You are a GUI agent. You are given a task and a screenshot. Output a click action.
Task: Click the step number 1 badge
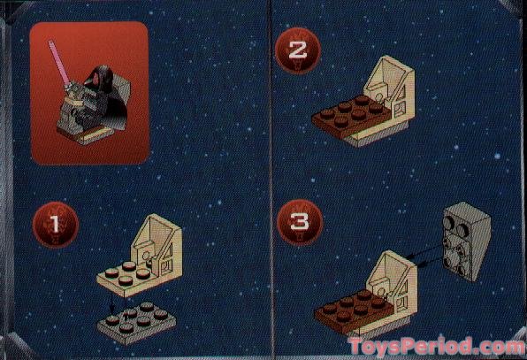(56, 224)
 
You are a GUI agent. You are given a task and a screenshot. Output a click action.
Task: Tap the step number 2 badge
(297, 50)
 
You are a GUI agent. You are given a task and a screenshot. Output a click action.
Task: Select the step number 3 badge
(300, 222)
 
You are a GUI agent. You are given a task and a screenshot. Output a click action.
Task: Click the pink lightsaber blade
(58, 61)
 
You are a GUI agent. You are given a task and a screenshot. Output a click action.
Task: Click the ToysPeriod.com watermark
(437, 346)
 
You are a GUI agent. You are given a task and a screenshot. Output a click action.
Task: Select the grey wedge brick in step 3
(467, 241)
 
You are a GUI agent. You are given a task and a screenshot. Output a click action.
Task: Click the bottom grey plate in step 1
(136, 323)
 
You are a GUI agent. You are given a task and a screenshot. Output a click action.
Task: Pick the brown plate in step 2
(349, 116)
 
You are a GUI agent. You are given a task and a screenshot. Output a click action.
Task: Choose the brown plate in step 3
(353, 311)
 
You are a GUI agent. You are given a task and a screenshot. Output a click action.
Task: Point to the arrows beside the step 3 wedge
(425, 255)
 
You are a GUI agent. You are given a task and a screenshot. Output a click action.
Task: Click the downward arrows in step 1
(118, 307)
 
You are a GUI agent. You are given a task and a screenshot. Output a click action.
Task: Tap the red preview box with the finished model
(89, 93)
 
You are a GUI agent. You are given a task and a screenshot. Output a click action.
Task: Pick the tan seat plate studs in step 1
(127, 272)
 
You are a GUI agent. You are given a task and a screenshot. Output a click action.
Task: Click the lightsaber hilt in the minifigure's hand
(68, 88)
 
